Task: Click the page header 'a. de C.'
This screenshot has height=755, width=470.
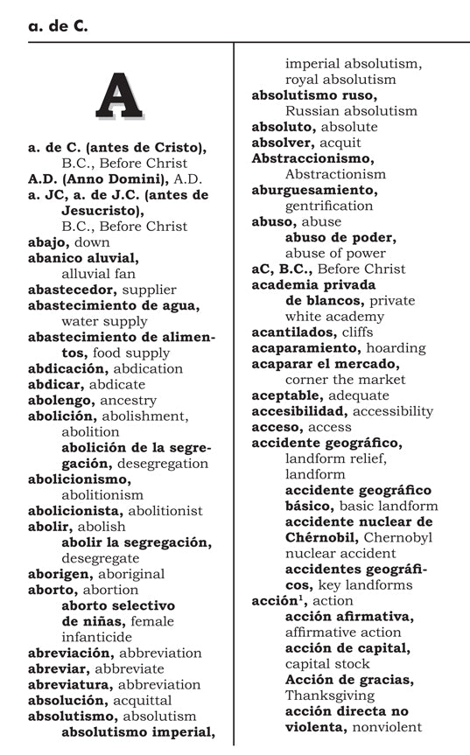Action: click(58, 27)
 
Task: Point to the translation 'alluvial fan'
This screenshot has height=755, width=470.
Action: click(99, 274)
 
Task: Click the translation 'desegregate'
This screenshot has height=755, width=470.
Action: click(100, 558)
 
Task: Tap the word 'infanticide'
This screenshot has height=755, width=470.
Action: click(96, 637)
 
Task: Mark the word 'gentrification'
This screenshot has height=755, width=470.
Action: click(329, 206)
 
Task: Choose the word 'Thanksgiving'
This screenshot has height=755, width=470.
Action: click(330, 695)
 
